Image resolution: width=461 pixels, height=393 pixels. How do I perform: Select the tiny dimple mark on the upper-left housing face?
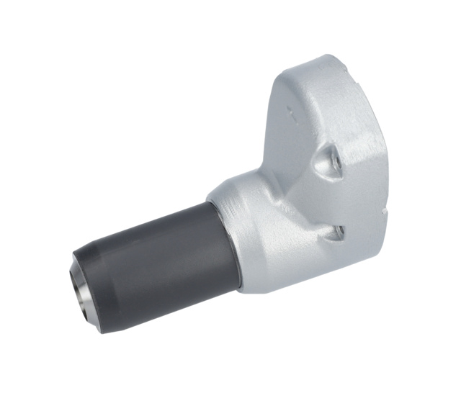pos(290,109)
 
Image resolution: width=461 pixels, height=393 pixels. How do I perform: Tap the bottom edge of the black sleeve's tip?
pos(101,330)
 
